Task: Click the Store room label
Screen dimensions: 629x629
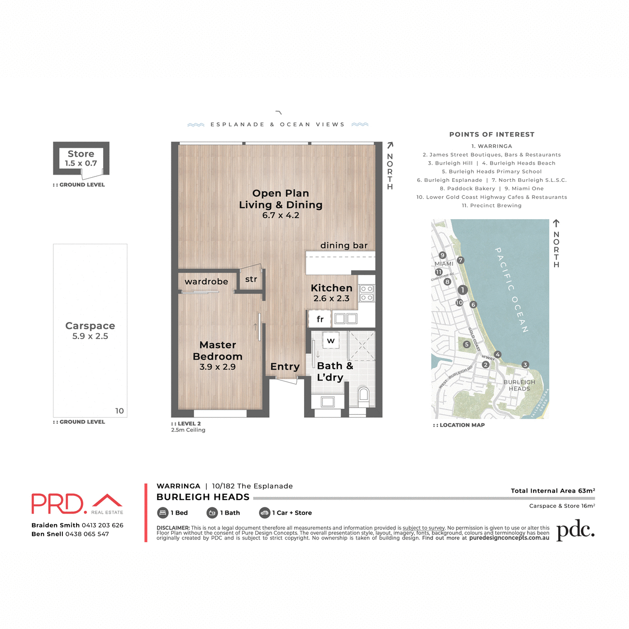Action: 81,154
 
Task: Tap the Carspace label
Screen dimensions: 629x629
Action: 90,326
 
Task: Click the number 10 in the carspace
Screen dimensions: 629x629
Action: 120,411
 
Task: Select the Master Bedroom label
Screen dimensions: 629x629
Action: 218,351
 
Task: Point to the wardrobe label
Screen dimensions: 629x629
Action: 207,282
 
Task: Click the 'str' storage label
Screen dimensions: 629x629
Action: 251,279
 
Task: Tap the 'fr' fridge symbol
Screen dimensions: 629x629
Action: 320,319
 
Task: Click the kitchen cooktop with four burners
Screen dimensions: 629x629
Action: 366,293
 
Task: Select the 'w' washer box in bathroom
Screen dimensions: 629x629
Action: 331,341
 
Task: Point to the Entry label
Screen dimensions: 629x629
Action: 285,367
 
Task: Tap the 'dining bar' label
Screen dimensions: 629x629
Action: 344,245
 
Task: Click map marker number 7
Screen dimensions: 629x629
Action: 461,261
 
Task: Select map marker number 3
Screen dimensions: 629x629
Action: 525,365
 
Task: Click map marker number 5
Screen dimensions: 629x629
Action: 467,344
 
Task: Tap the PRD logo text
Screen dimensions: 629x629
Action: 58,504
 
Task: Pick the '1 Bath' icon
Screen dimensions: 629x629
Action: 212,513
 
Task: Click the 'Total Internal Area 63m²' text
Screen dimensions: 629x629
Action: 552,491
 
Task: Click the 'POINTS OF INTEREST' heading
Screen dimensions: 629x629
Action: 492,135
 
